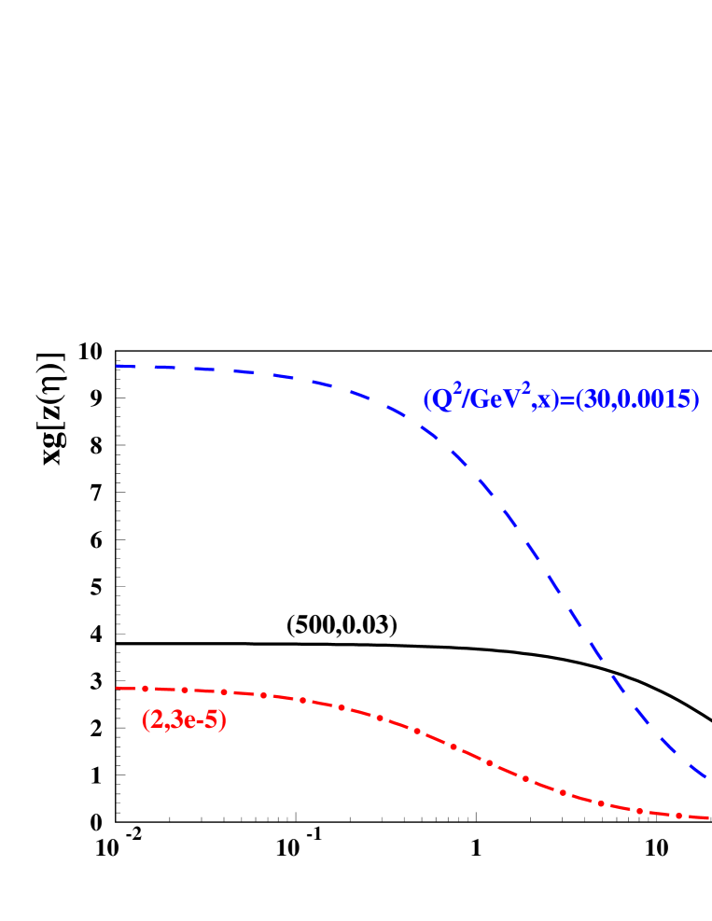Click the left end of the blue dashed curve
pos(117,366)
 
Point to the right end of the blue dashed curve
pos(706,776)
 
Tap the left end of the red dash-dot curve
pos(117,688)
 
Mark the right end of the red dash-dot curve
pos(707,817)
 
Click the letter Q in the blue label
pos(440,400)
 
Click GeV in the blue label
pos(489,400)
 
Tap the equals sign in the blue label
pos(565,401)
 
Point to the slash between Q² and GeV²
pos(464,400)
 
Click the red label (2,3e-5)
pos(184,720)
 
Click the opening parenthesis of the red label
pos(145,720)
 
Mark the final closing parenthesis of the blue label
pos(695,400)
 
